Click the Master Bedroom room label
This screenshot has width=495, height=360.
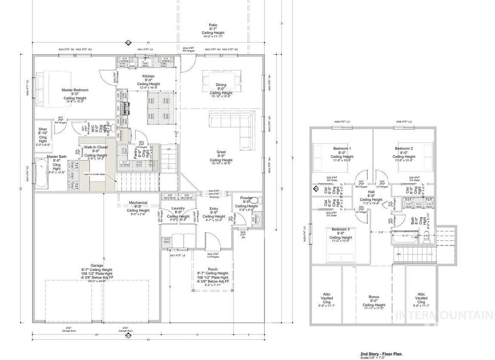click(x=74, y=90)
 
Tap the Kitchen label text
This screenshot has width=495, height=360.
click(x=148, y=76)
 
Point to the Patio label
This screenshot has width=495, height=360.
click(x=213, y=25)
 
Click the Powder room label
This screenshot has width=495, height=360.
click(x=246, y=198)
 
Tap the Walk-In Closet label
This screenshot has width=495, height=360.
click(x=96, y=147)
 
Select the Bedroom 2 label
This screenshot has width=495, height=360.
click(x=404, y=148)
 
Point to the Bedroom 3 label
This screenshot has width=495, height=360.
click(x=341, y=229)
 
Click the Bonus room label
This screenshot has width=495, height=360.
click(x=374, y=297)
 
